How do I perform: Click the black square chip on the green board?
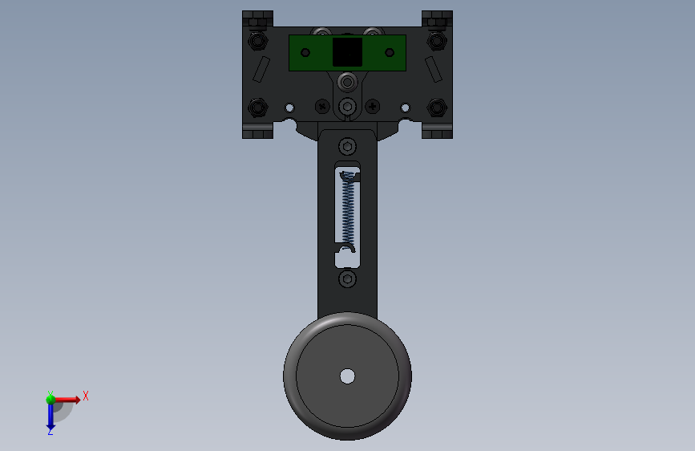coord(348,52)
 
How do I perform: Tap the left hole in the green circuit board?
coord(305,53)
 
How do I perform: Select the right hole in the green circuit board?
coord(390,53)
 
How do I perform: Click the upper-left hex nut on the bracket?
coord(257,41)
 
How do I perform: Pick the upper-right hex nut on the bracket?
coord(437,41)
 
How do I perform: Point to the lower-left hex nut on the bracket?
coord(257,108)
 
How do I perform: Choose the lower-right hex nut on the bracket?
coord(437,108)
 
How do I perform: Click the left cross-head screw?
coord(322,107)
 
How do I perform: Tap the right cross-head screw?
coord(372,107)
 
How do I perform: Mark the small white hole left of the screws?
coord(289,108)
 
